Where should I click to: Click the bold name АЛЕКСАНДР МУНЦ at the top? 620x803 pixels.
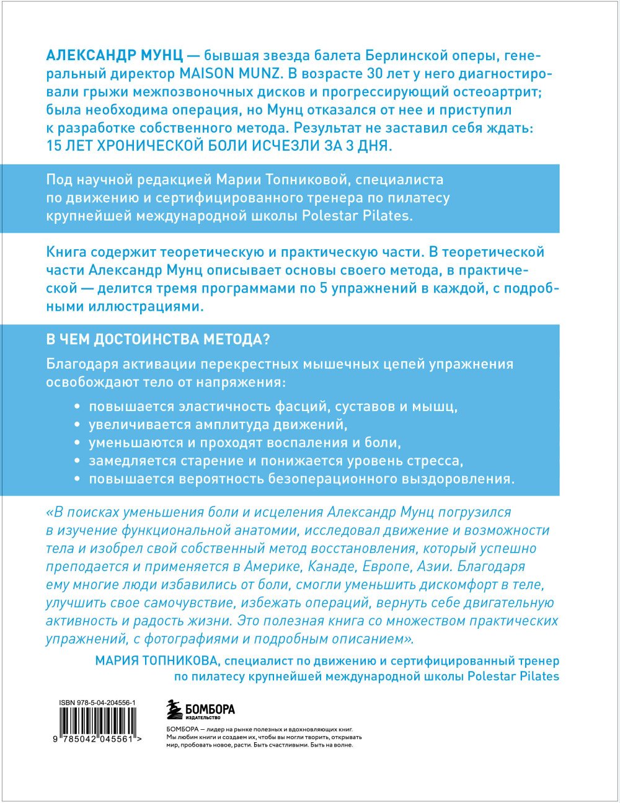tap(114, 56)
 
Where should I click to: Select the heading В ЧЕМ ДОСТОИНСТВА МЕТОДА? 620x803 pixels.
tap(158, 339)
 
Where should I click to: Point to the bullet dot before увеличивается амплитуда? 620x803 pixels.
tap(77, 425)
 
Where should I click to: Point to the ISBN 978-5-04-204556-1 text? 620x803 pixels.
tap(97, 703)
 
